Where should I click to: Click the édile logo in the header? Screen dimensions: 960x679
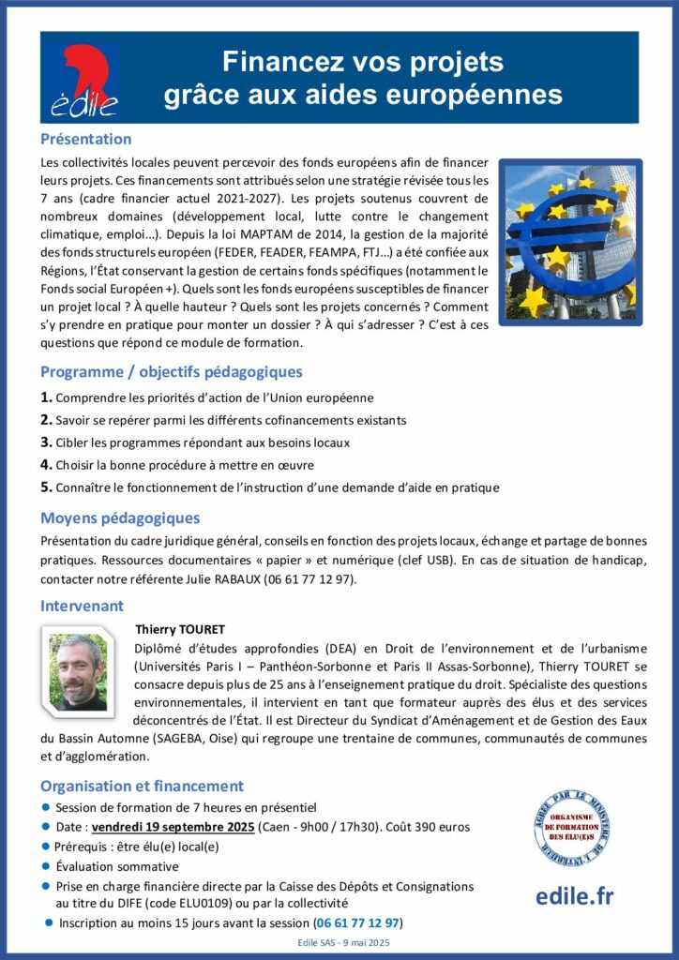click(83, 78)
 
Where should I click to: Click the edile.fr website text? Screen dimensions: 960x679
click(574, 895)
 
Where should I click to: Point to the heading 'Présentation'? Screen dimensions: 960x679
click(85, 139)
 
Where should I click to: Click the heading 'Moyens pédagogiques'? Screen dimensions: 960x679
click(120, 517)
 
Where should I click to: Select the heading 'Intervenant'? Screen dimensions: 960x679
click(82, 606)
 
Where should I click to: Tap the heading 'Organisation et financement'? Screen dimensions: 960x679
click(142, 786)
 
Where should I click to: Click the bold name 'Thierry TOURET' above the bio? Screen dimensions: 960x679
click(180, 629)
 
